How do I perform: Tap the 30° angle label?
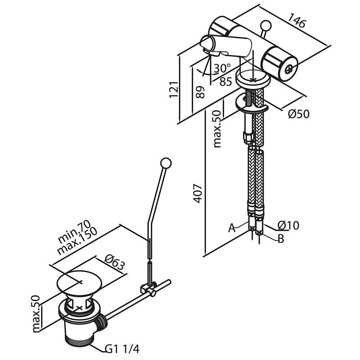[221, 68]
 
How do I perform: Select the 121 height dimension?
[174, 90]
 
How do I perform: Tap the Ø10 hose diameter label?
[288, 226]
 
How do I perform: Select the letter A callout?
[232, 228]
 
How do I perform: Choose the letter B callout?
[281, 239]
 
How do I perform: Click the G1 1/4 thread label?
[122, 348]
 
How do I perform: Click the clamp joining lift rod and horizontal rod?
[148, 288]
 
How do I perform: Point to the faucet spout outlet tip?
[205, 44]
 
